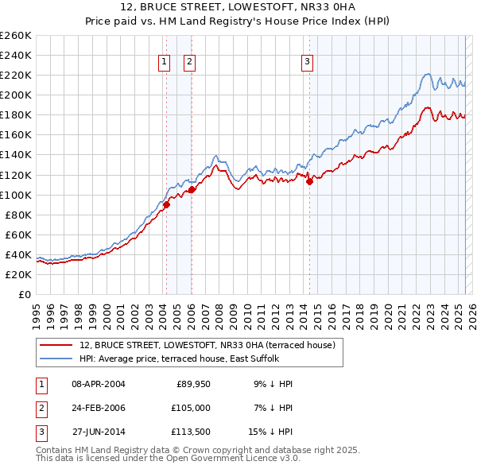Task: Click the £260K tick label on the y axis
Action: (x=16, y=36)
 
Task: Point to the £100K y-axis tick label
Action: (x=16, y=195)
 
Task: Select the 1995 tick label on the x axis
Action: (x=37, y=311)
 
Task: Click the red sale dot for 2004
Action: (x=166, y=204)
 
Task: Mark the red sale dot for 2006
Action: (x=192, y=189)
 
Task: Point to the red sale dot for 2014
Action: (x=309, y=181)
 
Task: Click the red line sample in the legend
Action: (x=56, y=345)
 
